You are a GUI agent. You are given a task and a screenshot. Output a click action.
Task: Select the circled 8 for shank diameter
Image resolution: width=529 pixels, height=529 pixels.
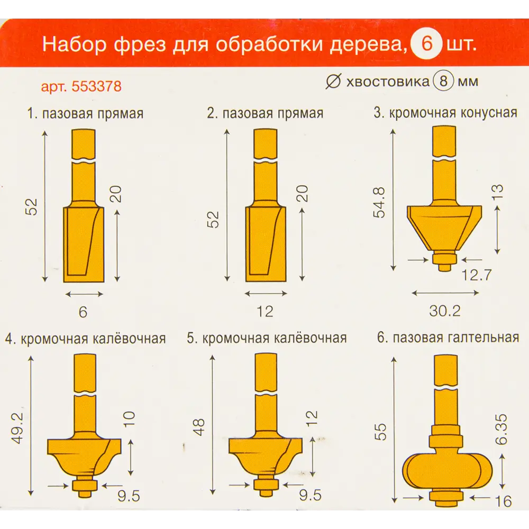coord(443,82)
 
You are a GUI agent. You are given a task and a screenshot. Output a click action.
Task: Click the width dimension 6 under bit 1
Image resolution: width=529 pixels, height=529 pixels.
coord(83,312)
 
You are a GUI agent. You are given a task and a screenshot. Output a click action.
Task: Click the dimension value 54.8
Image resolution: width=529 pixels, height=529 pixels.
coord(380,201)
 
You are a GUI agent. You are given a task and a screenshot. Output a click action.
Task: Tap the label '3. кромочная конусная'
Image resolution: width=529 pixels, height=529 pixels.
coord(445,113)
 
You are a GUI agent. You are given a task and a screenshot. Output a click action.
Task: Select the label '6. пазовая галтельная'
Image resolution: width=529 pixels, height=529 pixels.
coord(448,338)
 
